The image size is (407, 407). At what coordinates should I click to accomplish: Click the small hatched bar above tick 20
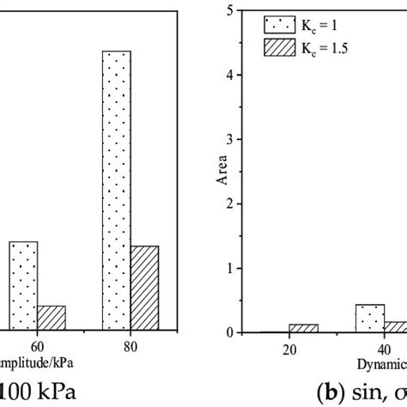[x=303, y=328]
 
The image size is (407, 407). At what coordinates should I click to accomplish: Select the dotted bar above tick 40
[x=369, y=319]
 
